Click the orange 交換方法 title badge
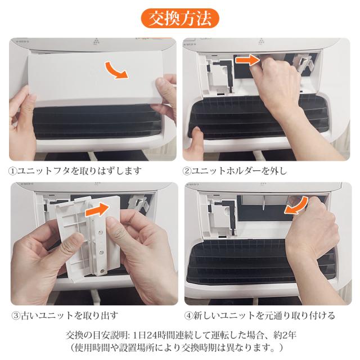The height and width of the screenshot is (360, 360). coord(180,19)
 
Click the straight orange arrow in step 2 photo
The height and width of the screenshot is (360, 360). coord(247,60)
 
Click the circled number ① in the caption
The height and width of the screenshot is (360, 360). coord(13,171)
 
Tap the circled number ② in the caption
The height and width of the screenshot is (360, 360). coord(187,171)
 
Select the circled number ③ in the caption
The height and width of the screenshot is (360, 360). coord(16,316)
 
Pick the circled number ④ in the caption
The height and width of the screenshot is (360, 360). coord(188,316)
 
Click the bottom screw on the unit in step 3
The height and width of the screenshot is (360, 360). coord(102,271)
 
